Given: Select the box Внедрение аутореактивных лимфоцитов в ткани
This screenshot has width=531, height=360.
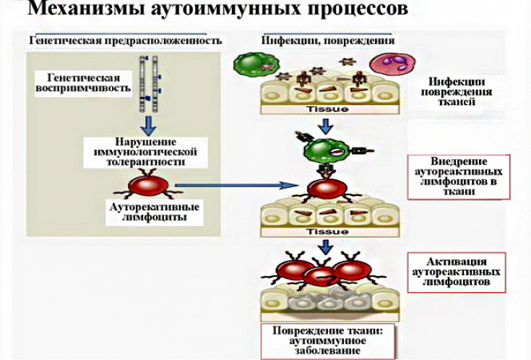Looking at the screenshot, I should pyautogui.click(x=459, y=176).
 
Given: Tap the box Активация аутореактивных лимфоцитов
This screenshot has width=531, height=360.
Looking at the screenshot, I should pyautogui.click(x=457, y=272).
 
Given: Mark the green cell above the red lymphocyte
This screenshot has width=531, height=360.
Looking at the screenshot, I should pyautogui.click(x=324, y=151).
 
